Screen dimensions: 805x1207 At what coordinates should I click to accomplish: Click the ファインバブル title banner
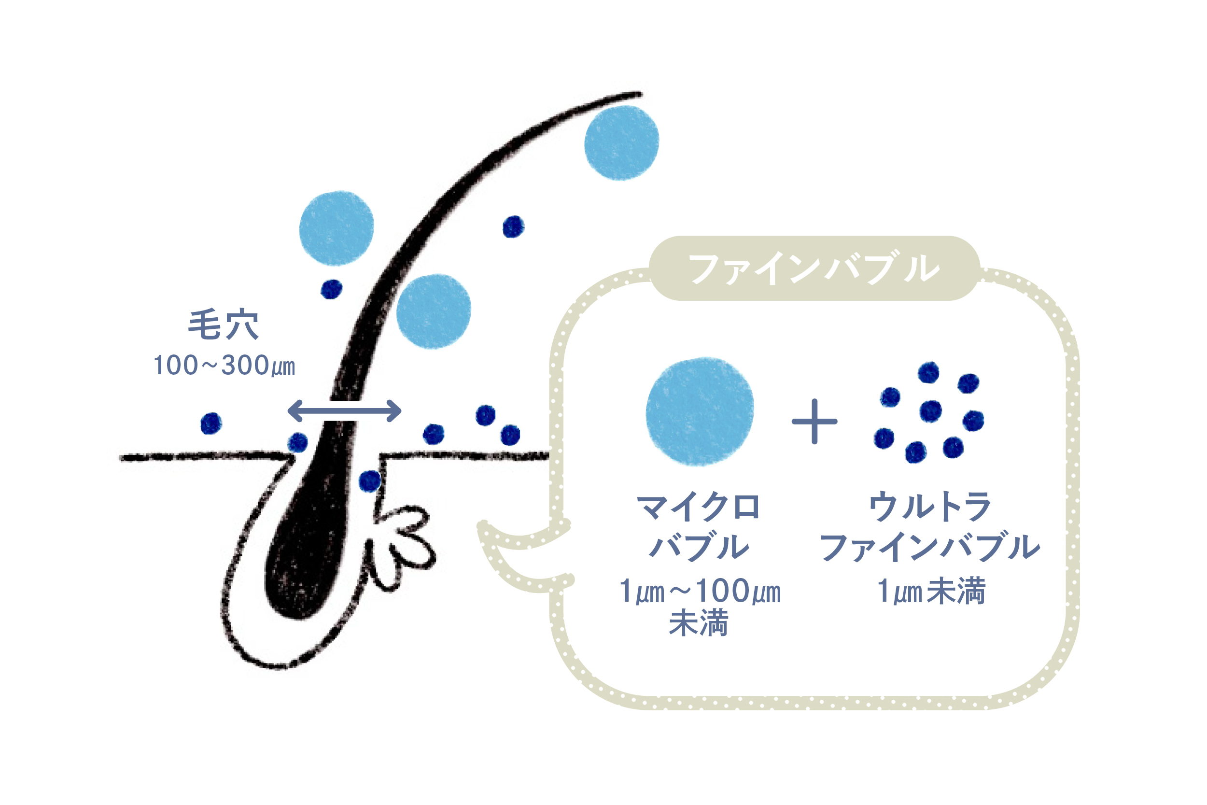[x=814, y=268]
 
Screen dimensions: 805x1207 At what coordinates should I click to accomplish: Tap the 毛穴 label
[x=223, y=325]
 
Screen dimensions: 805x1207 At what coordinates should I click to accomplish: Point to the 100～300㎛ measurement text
[x=224, y=366]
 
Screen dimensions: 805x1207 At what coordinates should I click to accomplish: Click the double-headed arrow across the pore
[x=344, y=411]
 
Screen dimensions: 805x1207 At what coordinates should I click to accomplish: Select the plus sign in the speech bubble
[x=814, y=422]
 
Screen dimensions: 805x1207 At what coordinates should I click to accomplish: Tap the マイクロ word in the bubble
[x=698, y=507]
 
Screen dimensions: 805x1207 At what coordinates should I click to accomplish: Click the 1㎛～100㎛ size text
[x=700, y=591]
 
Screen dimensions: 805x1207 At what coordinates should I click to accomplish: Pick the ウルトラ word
[x=930, y=507]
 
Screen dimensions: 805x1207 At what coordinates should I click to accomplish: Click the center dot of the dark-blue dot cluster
[x=931, y=411]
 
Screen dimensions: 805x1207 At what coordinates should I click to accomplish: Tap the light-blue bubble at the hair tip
[x=621, y=143]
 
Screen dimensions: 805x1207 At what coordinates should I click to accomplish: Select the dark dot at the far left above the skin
[x=211, y=424]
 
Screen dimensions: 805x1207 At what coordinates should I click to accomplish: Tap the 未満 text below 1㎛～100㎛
[x=699, y=623]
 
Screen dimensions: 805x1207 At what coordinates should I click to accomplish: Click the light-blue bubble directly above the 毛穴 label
[x=337, y=228]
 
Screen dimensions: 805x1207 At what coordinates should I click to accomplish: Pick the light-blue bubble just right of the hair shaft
[x=434, y=311]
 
